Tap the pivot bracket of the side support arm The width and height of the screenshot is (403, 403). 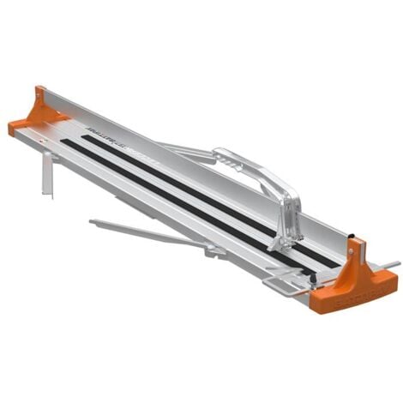pyautogui.click(x=214, y=250)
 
